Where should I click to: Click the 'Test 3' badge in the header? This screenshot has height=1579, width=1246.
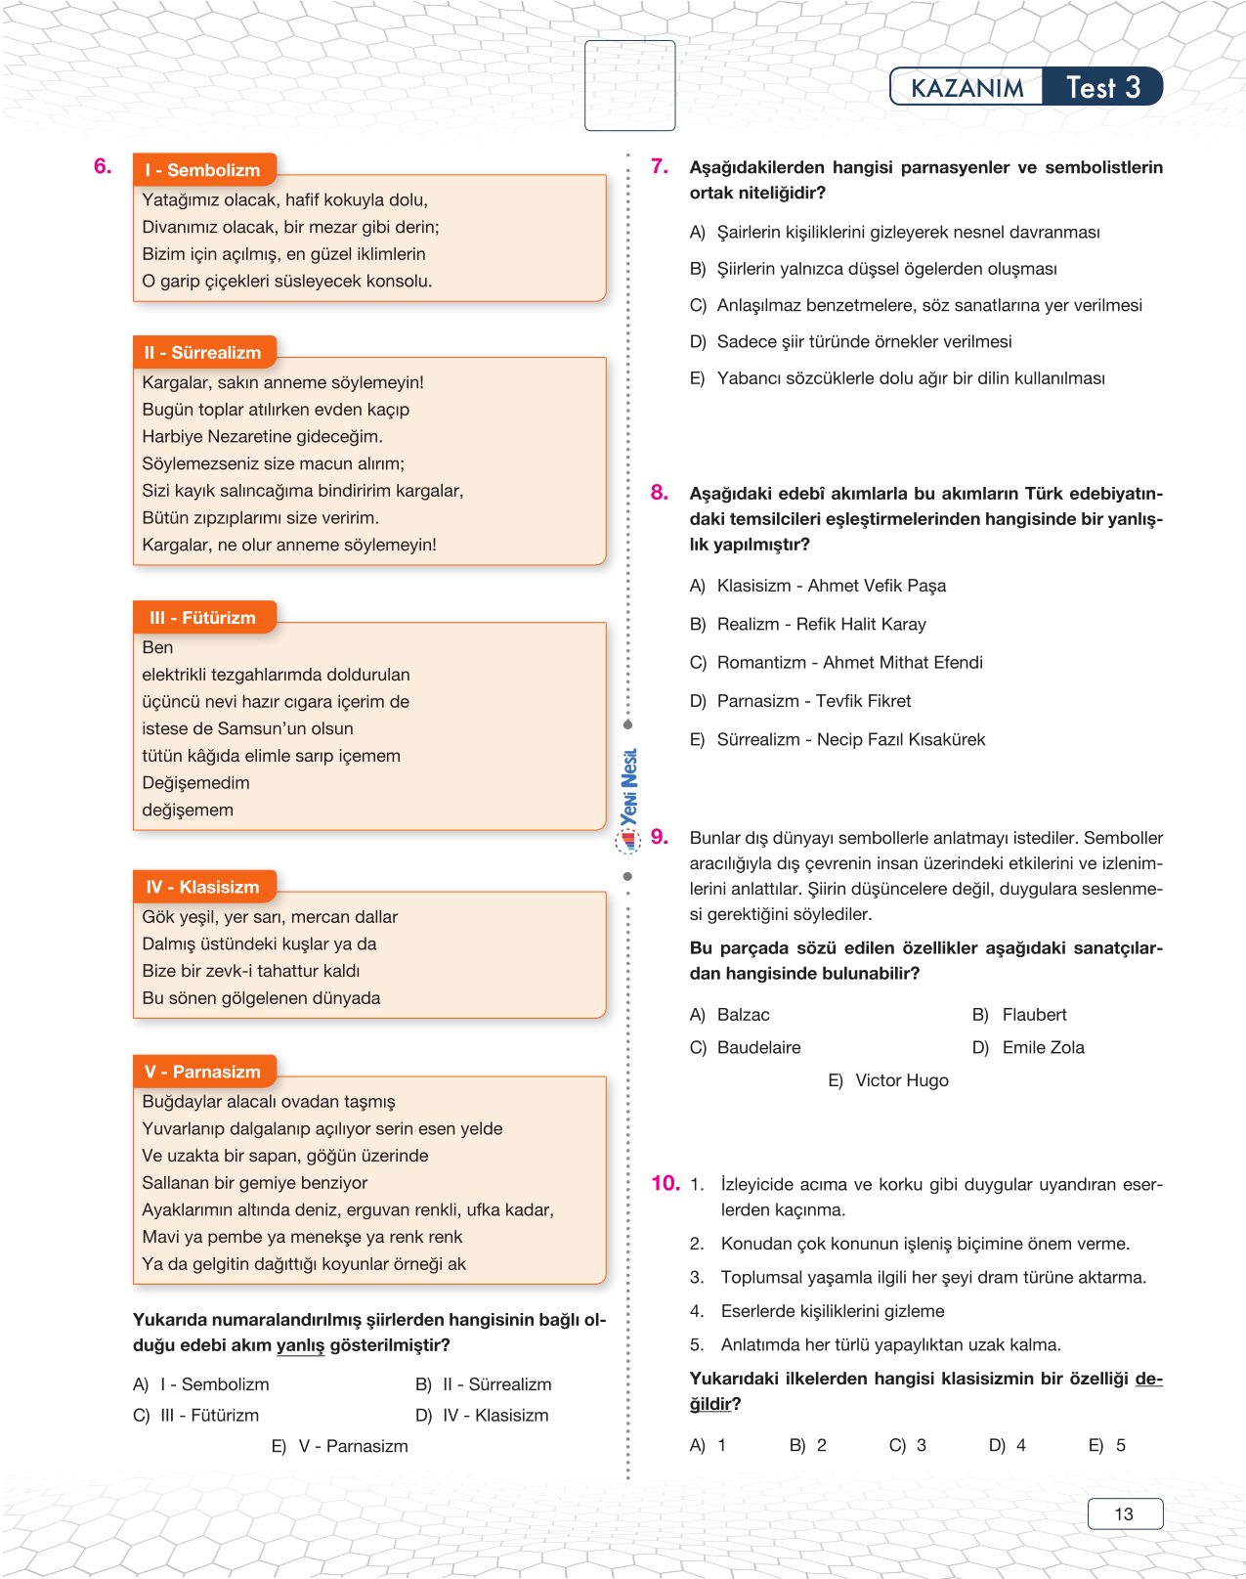(1102, 87)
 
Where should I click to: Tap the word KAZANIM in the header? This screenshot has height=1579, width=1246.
(967, 88)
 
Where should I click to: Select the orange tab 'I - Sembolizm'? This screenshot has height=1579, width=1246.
(204, 170)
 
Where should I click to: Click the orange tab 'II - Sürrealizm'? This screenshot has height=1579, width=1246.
(204, 353)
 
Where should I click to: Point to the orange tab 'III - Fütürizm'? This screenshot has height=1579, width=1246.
(204, 618)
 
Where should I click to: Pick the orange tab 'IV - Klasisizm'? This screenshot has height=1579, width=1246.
(204, 887)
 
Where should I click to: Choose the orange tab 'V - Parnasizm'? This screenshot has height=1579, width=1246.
(204, 1072)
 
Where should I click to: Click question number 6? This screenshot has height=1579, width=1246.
(103, 166)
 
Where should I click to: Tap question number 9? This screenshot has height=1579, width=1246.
(660, 837)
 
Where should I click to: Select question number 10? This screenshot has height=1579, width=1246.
(666, 1183)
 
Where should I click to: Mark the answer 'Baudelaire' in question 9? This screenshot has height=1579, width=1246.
(758, 1047)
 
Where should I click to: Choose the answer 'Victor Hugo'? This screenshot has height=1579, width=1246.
(901, 1080)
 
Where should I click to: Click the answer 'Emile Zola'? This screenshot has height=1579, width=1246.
(1043, 1047)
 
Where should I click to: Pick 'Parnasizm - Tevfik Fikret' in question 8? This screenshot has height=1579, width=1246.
(813, 701)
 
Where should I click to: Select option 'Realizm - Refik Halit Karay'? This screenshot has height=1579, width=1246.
(821, 624)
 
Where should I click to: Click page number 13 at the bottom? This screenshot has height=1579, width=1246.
(1124, 1513)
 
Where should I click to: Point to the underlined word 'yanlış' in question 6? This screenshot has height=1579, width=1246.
(300, 1345)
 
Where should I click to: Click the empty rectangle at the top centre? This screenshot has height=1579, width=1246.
(629, 85)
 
